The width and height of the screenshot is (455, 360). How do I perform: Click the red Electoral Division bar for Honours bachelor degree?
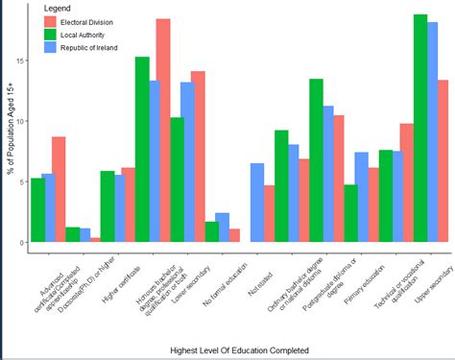pyautogui.click(x=163, y=131)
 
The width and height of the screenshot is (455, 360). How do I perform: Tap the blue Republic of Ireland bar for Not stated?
pyautogui.click(x=257, y=203)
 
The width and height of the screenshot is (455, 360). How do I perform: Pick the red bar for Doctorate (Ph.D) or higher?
pyautogui.click(x=95, y=239)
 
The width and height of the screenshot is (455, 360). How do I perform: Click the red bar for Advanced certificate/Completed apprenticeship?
pyautogui.click(x=59, y=189)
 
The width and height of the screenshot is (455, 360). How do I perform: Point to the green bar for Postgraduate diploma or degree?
pyautogui.click(x=350, y=213)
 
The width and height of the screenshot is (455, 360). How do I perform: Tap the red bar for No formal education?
pyautogui.click(x=234, y=235)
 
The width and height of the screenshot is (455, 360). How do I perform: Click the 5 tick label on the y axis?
pyautogui.click(x=20, y=182)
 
